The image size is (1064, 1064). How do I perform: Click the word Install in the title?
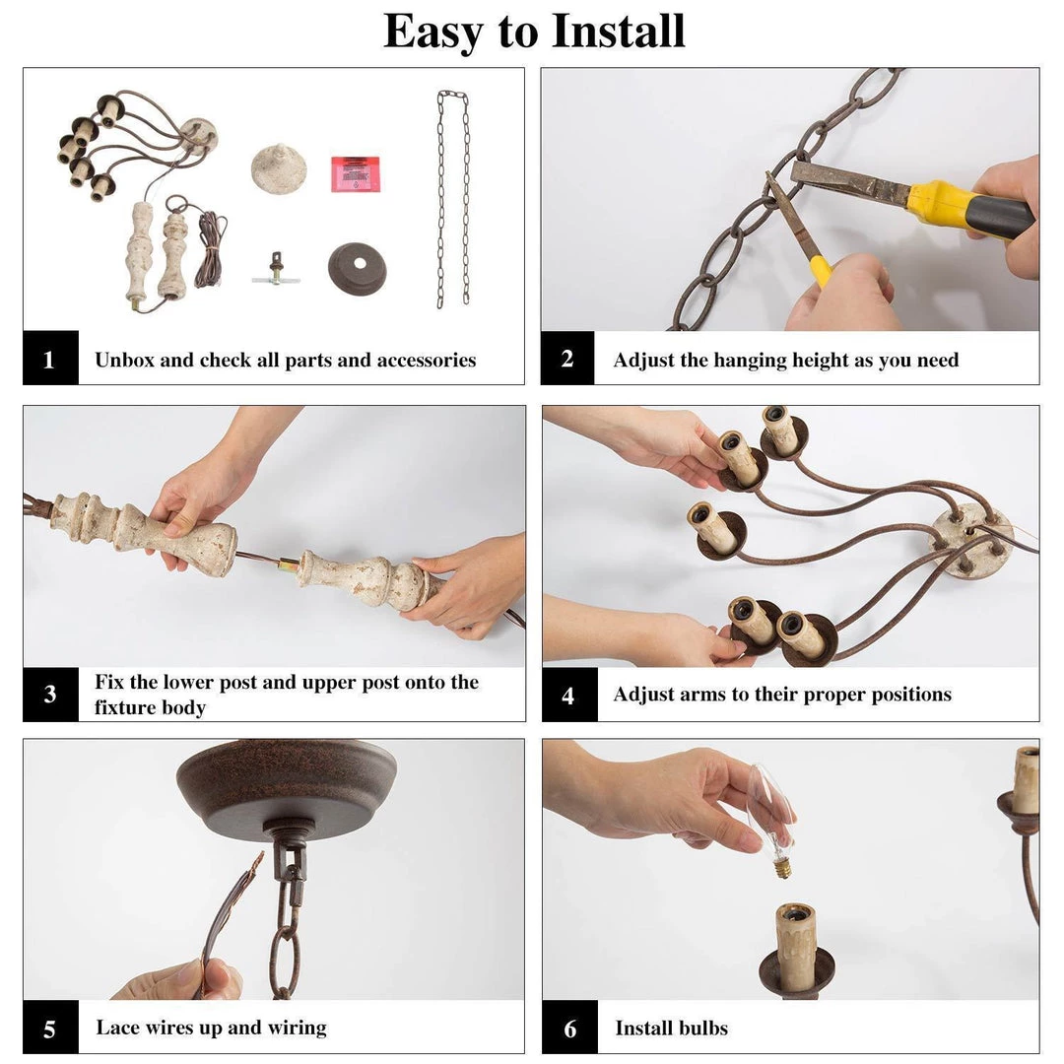tap(618, 31)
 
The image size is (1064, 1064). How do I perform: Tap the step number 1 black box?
tap(50, 360)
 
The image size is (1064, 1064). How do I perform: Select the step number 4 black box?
tap(568, 696)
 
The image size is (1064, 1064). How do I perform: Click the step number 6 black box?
tap(569, 1029)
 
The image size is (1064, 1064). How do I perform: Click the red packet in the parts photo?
tap(355, 172)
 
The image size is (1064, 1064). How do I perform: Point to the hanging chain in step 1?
tap(453, 197)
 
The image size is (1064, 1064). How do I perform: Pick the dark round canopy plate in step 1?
tap(357, 267)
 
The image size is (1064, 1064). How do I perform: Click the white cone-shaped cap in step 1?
tap(279, 168)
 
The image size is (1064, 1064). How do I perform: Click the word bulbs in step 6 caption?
tap(702, 1029)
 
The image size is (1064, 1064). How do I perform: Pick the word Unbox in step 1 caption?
tap(124, 361)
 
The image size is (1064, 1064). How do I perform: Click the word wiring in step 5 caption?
tap(294, 1028)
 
